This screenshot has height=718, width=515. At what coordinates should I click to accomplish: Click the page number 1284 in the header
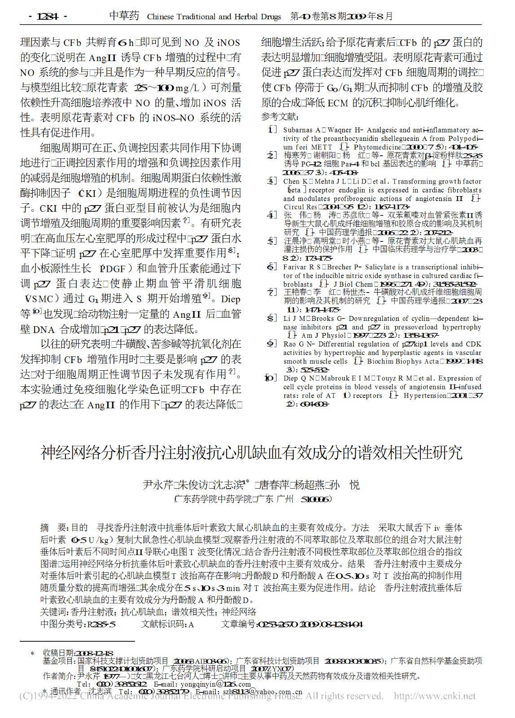tap(48, 17)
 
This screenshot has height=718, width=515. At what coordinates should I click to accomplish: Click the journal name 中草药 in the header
tap(124, 16)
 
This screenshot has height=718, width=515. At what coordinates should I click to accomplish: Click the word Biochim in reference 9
tap(380, 361)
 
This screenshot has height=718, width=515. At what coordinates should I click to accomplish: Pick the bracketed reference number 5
tap(272, 241)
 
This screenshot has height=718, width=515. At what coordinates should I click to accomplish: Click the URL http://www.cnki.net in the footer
tap(434, 696)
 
